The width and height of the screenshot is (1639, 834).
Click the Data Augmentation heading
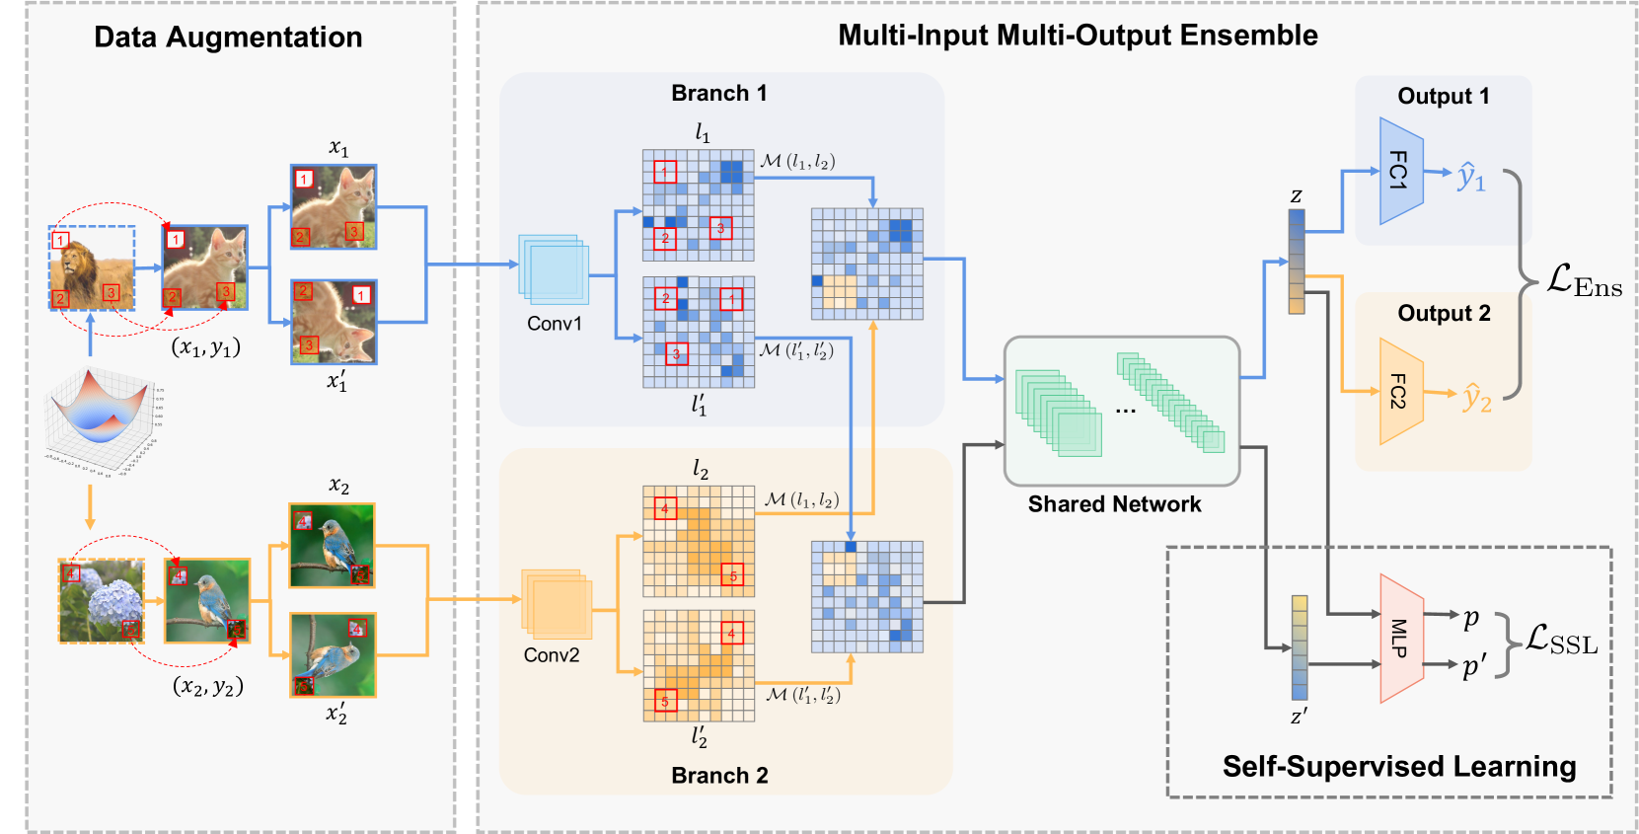(228, 38)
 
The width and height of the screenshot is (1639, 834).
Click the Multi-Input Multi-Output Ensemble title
(1078, 36)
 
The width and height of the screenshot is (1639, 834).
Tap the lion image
(92, 266)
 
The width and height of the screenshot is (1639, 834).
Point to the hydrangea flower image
(102, 601)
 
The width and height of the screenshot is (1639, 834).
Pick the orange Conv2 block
(557, 603)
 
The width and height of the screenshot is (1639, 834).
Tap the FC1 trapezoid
(1400, 171)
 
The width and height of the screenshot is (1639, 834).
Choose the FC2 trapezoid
(1400, 391)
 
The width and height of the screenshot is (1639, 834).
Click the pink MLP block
(1400, 639)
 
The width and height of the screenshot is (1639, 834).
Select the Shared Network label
(1114, 504)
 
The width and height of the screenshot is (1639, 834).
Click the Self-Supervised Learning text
(1398, 766)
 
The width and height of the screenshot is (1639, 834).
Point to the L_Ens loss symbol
(1583, 281)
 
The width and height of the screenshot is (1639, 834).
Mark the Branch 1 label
(718, 94)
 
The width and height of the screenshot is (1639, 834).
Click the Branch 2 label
(719, 776)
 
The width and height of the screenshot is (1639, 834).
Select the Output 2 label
(1444, 314)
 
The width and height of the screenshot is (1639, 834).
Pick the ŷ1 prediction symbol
(1470, 178)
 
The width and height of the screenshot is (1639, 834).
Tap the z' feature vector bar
(1300, 647)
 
